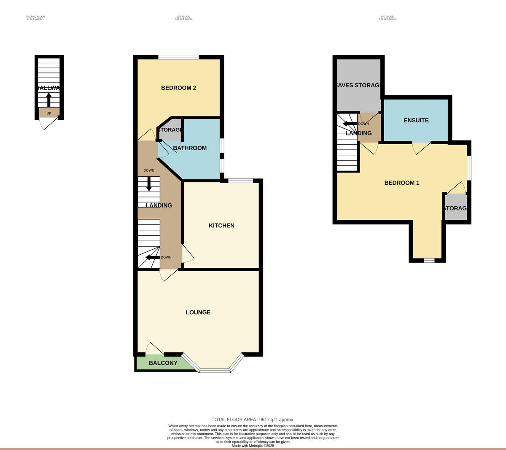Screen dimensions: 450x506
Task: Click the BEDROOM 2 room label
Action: click(178, 88)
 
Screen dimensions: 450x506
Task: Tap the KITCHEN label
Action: click(221, 226)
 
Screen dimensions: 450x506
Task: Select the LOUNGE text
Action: click(198, 313)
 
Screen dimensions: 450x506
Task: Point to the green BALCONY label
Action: click(163, 363)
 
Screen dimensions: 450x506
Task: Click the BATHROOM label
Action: click(190, 148)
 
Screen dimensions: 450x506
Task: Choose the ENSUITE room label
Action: click(416, 120)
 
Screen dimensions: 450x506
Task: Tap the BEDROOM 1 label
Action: click(401, 183)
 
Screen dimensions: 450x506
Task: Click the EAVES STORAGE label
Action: click(359, 85)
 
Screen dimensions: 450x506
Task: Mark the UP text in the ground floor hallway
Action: click(49, 113)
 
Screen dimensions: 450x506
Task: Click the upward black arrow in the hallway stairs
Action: click(48, 100)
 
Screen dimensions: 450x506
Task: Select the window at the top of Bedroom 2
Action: click(178, 57)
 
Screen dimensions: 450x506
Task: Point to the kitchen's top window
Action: click(240, 181)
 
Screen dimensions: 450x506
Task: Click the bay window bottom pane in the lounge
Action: click(215, 371)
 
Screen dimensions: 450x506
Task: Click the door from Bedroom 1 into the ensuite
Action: click(421, 148)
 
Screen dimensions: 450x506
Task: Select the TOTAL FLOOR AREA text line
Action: click(253, 420)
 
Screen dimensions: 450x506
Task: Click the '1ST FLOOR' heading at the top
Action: click(183, 17)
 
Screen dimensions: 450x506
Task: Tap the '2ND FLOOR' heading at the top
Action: click(387, 17)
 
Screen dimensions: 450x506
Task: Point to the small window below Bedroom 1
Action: click(429, 261)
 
